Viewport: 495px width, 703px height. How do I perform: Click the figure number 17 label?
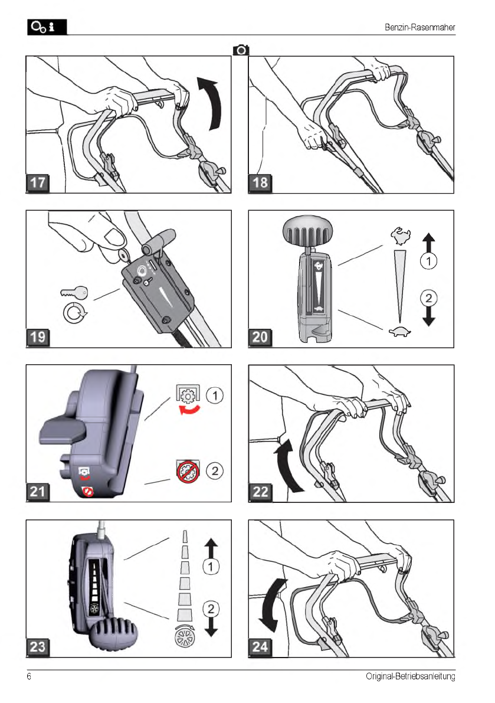click(38, 182)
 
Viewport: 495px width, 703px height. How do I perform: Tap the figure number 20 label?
click(260, 337)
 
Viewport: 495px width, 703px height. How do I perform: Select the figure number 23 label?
click(38, 646)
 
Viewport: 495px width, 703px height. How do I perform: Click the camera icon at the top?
click(241, 50)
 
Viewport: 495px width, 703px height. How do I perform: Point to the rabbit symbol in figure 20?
click(400, 236)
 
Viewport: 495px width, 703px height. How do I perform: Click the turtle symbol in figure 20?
click(399, 331)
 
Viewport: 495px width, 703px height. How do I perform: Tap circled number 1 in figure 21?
click(215, 395)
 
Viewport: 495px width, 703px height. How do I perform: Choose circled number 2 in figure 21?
click(215, 471)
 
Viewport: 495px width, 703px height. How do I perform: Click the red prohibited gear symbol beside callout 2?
click(188, 472)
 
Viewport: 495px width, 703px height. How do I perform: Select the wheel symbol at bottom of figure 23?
click(185, 635)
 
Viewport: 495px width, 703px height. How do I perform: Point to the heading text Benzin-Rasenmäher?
click(419, 27)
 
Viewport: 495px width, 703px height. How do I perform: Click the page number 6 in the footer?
click(29, 676)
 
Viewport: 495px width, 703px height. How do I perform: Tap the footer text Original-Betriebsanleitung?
click(410, 676)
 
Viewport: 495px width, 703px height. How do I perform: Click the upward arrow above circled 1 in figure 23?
click(211, 548)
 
